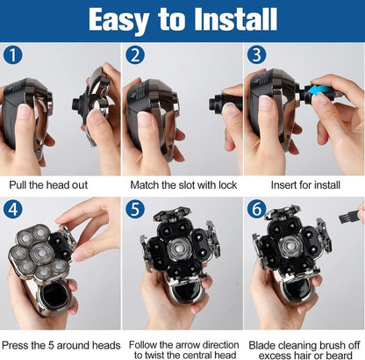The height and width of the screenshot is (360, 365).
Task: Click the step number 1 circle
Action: point(13,54)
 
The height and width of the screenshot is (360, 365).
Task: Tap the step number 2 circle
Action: point(135,54)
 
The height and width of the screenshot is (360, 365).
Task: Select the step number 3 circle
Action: point(256,54)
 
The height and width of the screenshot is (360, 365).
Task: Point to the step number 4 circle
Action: point(13,209)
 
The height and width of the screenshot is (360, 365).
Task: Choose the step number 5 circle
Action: point(135,209)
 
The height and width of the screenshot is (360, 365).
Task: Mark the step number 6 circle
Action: point(256,209)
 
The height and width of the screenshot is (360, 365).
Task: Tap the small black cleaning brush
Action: point(348,217)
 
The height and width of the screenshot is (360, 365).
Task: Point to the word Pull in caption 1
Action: point(18,185)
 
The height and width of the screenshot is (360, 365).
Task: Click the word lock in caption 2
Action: point(227,185)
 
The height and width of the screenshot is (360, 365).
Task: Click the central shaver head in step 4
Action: point(41,253)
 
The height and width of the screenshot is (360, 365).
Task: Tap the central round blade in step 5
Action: point(179,250)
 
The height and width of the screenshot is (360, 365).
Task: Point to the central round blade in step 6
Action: point(290,247)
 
